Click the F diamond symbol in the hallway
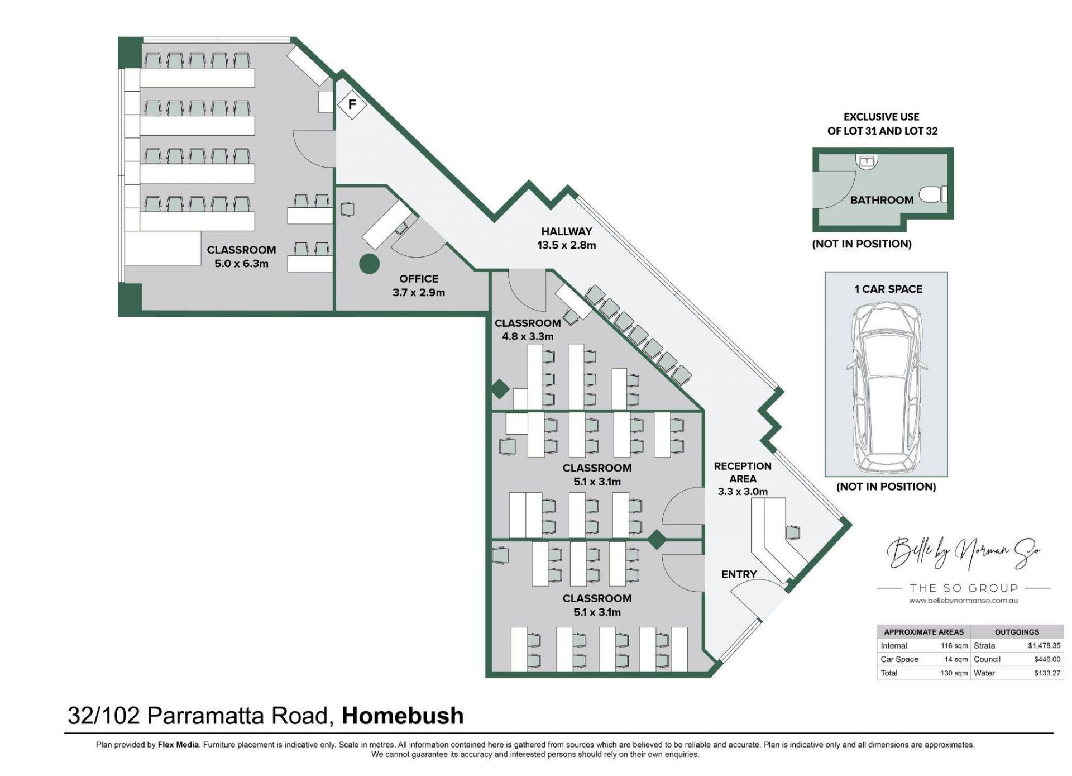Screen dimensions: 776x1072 pos(352,104)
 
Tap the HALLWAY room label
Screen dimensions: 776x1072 pos(566,231)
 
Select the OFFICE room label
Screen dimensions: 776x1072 pos(419,279)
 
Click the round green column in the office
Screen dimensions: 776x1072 pos(369,264)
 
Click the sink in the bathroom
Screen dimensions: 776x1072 pos(866,161)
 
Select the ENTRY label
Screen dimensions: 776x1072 pos(739,574)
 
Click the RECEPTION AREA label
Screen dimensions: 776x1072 pos(743,472)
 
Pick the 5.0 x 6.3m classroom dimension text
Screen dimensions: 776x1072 pos(241,264)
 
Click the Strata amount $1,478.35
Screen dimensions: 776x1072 pos(1044,645)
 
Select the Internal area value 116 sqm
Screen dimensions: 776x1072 pos(954,645)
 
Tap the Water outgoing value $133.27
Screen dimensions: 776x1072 pos(1047,673)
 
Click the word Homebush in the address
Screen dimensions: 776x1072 pos(403,716)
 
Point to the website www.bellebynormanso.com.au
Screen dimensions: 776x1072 pos(963,601)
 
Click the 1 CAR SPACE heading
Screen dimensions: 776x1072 pos(888,289)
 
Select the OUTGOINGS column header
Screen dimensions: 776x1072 pos(1017,632)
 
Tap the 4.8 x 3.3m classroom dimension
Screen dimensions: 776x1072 pos(528,336)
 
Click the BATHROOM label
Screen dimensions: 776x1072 pos(882,200)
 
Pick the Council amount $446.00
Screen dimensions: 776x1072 pos(1047,659)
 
